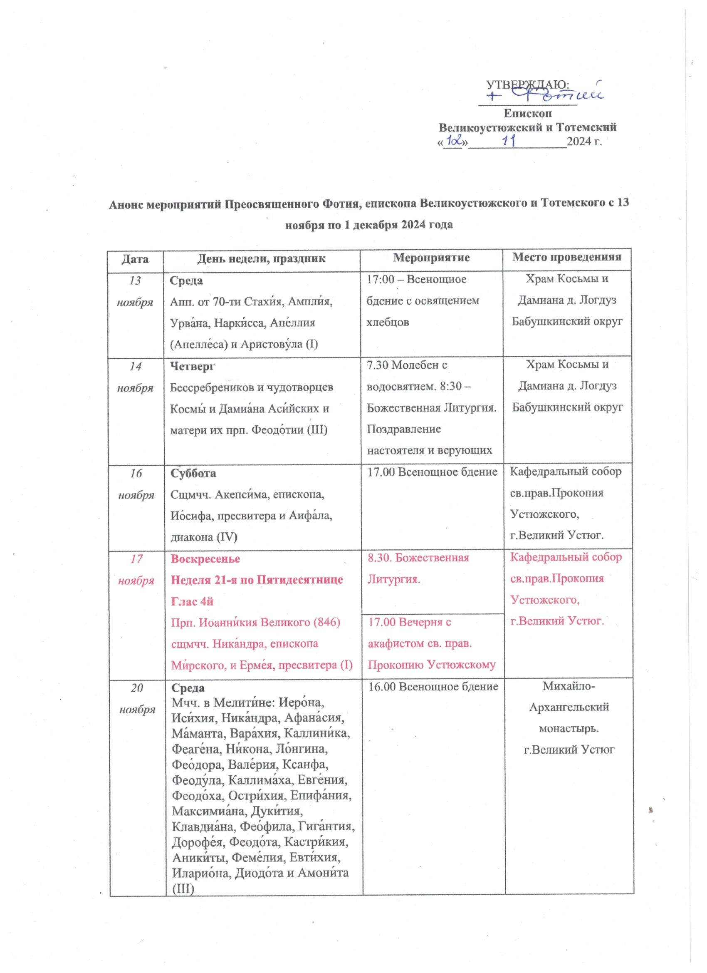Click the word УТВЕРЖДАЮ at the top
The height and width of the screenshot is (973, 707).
(x=527, y=84)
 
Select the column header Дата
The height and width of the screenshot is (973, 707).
(x=136, y=259)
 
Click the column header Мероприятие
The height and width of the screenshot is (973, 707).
(x=431, y=258)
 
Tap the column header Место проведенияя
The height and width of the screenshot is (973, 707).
(x=567, y=258)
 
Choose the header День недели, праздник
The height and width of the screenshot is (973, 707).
(x=261, y=259)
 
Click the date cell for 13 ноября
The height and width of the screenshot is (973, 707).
(x=136, y=291)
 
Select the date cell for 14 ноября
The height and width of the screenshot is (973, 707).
(x=136, y=377)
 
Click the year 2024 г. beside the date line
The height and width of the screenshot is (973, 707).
(x=584, y=141)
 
